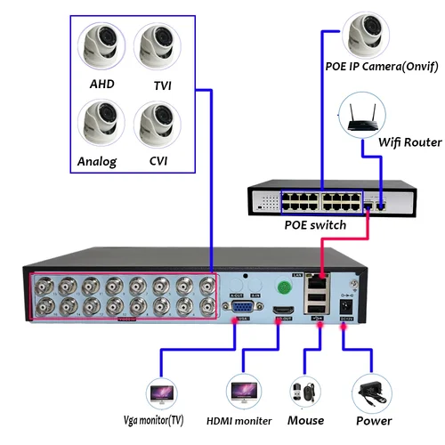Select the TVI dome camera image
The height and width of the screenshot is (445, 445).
point(158,44)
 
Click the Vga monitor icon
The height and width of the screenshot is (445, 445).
point(163,391)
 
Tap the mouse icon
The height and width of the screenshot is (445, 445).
point(302,392)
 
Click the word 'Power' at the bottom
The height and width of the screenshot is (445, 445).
point(373,421)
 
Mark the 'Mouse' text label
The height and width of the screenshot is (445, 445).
point(306,420)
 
